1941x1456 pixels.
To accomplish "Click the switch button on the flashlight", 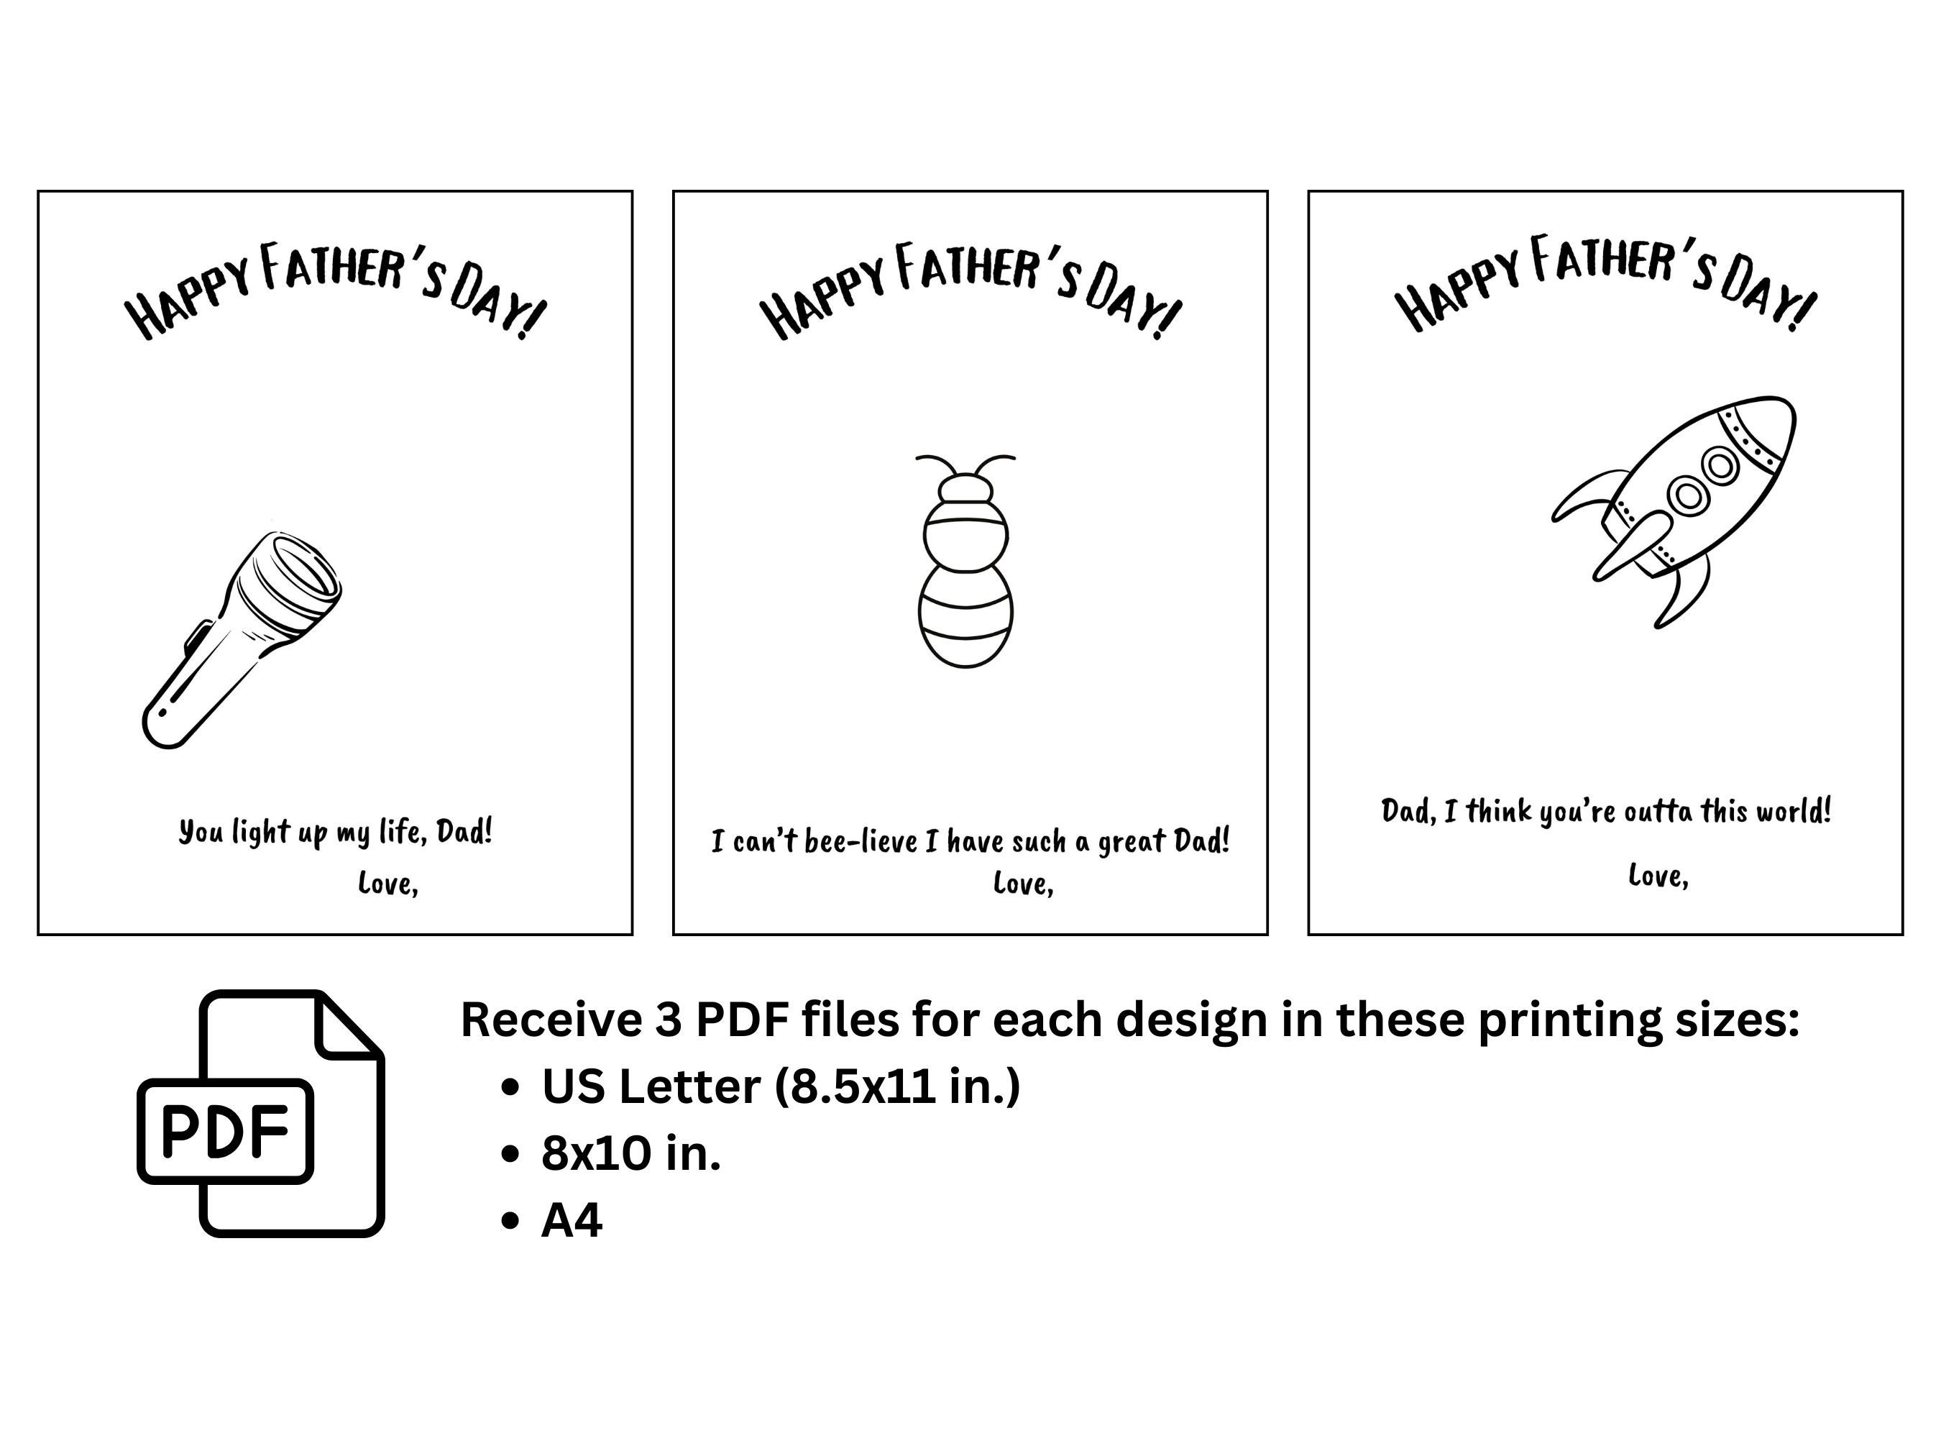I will click(198, 636).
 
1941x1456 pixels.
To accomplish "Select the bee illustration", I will click(965, 562).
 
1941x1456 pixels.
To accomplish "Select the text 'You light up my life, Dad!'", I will click(335, 831).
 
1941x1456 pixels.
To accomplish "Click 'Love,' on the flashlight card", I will click(388, 883).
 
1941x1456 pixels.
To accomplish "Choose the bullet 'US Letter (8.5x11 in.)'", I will click(780, 1086).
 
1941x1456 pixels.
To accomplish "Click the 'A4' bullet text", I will click(572, 1220).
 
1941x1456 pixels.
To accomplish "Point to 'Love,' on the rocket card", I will click(1658, 875).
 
